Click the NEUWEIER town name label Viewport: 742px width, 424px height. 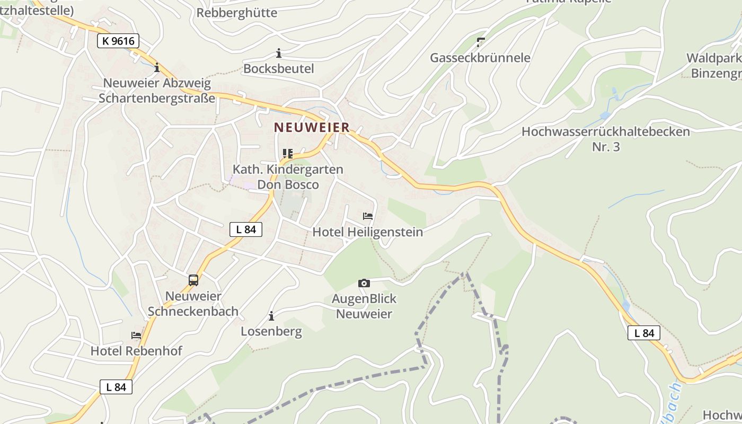point(312,127)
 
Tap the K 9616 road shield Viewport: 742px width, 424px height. point(118,41)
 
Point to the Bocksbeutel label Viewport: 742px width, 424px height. point(279,69)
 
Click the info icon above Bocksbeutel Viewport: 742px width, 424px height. point(279,53)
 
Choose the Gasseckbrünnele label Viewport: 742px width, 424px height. point(480,58)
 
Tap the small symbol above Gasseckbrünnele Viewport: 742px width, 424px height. point(481,41)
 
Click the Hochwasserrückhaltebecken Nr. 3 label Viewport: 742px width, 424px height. point(606,139)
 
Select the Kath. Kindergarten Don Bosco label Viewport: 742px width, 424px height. point(288,177)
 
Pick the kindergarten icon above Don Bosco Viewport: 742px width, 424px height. point(288,154)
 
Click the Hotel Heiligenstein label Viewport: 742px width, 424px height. point(368,232)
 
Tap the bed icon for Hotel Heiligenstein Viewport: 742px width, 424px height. point(368,216)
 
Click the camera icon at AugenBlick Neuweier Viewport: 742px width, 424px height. point(364,283)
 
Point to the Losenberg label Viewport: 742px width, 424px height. point(271,332)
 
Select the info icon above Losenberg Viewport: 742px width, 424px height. point(271,316)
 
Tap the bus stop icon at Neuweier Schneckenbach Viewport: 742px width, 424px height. point(193,280)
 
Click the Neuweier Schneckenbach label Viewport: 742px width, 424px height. point(193,304)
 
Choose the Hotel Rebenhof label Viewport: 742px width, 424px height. point(136,351)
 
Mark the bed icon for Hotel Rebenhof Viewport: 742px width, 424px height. point(136,335)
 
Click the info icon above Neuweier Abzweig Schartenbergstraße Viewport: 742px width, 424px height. point(157,68)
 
